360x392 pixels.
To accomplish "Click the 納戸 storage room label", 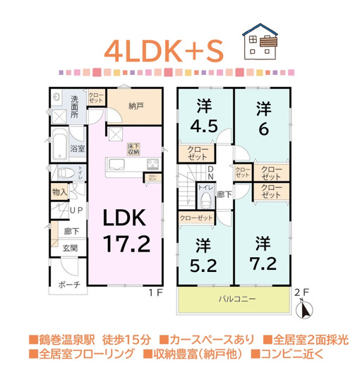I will point(136,106).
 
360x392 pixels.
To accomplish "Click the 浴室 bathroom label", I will point(76,148).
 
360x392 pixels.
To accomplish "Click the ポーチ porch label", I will point(68,284).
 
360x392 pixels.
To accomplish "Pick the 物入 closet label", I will point(59,192).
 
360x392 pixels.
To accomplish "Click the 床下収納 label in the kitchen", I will point(134,149).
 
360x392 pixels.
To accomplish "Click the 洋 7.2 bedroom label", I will point(262,255).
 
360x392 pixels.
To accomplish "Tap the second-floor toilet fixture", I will point(206,201).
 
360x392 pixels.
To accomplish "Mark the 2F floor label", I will point(301,291).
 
